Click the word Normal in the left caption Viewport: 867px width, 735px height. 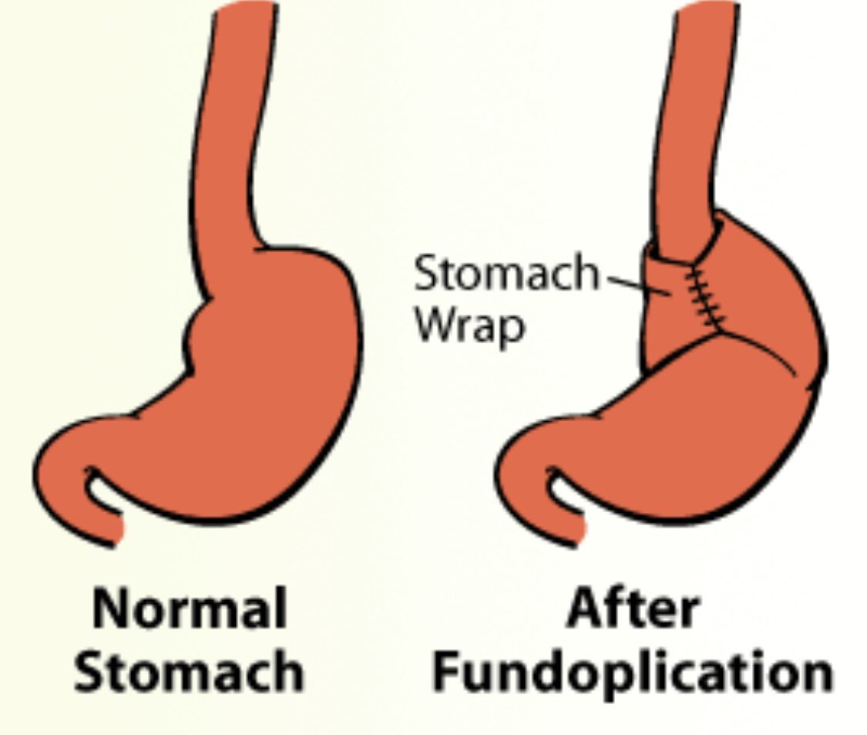(189, 609)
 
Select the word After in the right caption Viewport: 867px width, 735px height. (633, 609)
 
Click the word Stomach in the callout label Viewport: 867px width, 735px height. (506, 275)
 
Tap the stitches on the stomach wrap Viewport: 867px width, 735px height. (706, 297)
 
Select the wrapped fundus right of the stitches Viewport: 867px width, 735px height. (763, 293)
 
